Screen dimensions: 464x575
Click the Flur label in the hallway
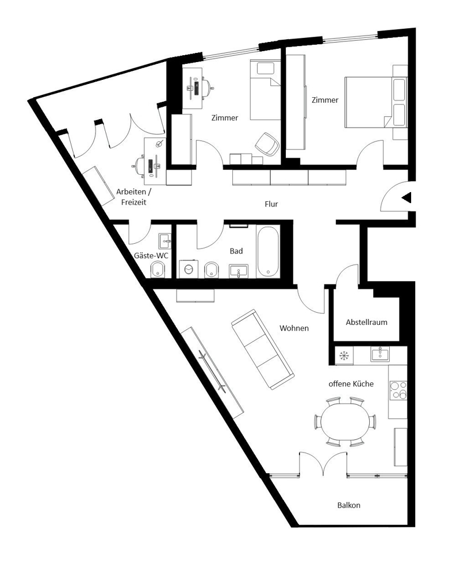tap(271, 204)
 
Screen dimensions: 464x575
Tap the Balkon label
tap(348, 505)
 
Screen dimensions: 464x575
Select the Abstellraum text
tap(366, 323)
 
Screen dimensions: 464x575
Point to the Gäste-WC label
tap(151, 255)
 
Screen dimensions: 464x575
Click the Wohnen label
tap(294, 328)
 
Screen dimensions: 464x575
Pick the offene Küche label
tap(351, 384)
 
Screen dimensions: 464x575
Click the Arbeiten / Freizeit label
tap(133, 197)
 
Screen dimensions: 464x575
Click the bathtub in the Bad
tap(268, 251)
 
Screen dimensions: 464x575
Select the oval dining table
tap(345, 421)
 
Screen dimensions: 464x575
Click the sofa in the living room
tap(262, 350)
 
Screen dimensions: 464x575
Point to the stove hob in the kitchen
tap(398, 390)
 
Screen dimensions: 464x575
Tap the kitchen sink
tap(380, 354)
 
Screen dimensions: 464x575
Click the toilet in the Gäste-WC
tap(158, 270)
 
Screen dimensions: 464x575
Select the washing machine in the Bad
tap(189, 269)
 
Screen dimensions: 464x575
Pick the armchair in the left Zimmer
tap(267, 143)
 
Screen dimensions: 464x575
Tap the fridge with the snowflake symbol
tap(344, 355)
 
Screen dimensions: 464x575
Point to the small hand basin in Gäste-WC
tap(164, 241)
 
